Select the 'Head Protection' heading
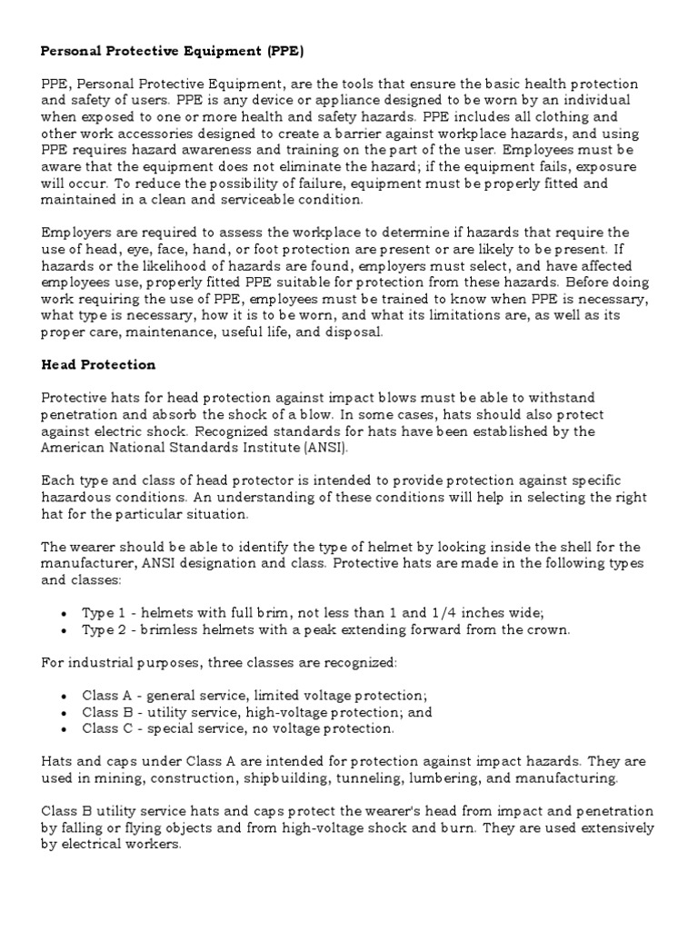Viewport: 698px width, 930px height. (99, 364)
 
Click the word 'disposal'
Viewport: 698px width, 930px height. (357, 331)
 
